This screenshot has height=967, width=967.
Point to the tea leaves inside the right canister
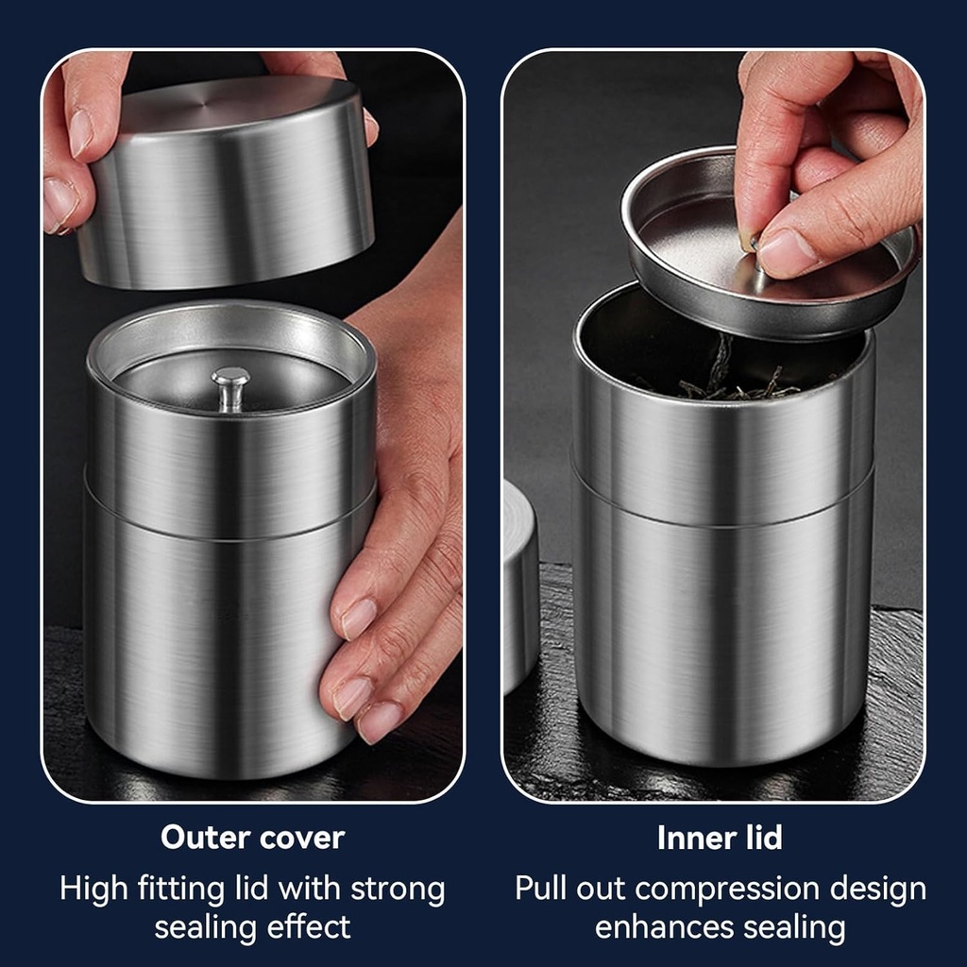pyautogui.click(x=737, y=382)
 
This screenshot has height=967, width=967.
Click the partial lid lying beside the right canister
pyautogui.click(x=520, y=585)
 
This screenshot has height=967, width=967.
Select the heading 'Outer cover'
pyautogui.click(x=252, y=837)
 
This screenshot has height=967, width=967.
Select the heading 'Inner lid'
pyautogui.click(x=720, y=837)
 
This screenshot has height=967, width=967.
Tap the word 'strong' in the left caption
pyautogui.click(x=397, y=889)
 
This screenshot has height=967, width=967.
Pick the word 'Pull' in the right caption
pyautogui.click(x=541, y=889)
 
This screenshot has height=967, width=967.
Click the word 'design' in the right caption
pyautogui.click(x=877, y=889)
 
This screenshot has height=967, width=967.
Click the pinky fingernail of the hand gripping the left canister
pyautogui.click(x=379, y=721)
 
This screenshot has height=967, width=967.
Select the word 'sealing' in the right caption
pyautogui.click(x=794, y=927)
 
